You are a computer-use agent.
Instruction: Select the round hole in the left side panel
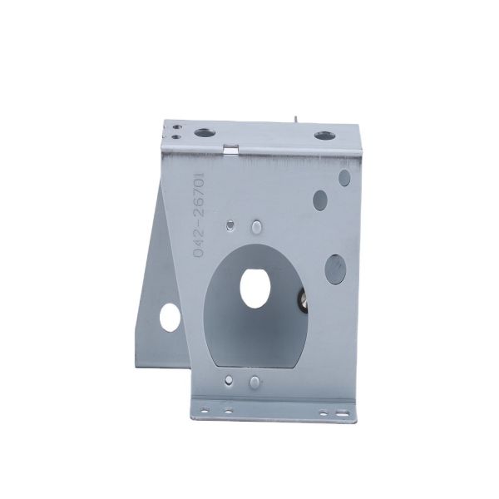coord(169,314)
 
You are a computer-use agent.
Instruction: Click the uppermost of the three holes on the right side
coord(342,176)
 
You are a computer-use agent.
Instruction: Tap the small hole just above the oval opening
coord(230,225)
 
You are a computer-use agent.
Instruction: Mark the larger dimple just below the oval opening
coord(253,382)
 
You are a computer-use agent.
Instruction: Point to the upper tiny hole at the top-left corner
coord(176,125)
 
